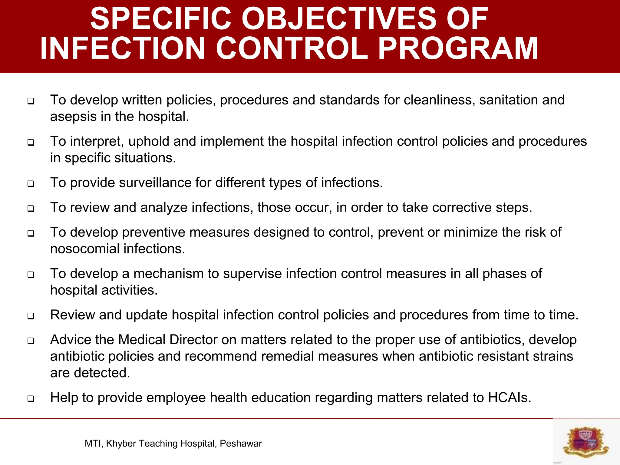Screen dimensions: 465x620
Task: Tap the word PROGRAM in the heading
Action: point(458,48)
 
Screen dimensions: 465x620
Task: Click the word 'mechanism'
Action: point(168,274)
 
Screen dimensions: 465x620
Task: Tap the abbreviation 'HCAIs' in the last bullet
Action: point(510,398)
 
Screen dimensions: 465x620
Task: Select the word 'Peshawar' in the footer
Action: point(241,444)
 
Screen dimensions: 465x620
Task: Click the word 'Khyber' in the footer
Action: point(121,444)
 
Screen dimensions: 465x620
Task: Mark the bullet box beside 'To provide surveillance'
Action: point(31,183)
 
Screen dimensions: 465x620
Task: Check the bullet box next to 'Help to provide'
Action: point(31,398)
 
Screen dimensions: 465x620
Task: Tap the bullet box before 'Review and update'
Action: point(31,316)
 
